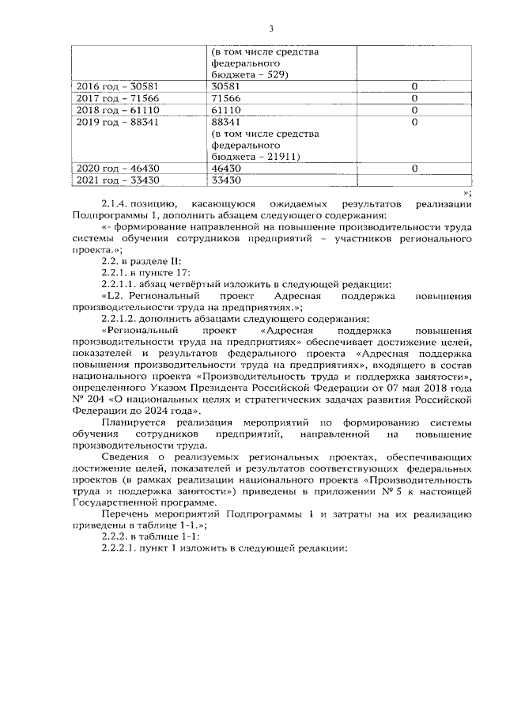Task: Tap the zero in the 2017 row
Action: tap(414, 97)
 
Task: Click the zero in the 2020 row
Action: tap(414, 169)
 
